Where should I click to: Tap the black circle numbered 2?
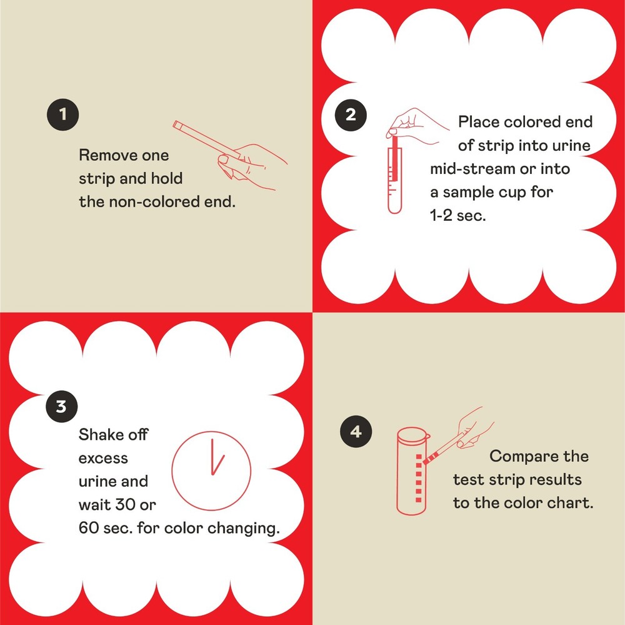pos(350,114)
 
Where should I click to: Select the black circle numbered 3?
pos(61,407)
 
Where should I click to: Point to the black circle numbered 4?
pos(356,432)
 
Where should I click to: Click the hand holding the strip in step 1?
pos(253,165)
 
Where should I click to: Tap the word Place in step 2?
pos(479,121)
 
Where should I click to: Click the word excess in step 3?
pos(103,458)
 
